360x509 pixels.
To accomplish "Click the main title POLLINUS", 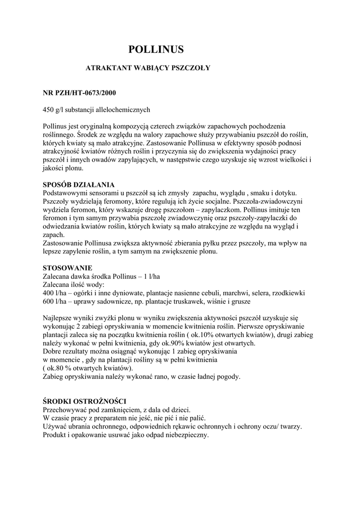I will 156,49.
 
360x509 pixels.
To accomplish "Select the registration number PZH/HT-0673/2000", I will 86,92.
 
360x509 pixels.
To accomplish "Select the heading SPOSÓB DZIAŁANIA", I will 79,184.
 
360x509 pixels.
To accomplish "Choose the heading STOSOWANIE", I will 67,267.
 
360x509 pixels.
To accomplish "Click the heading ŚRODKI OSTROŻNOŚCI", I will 85,401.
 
